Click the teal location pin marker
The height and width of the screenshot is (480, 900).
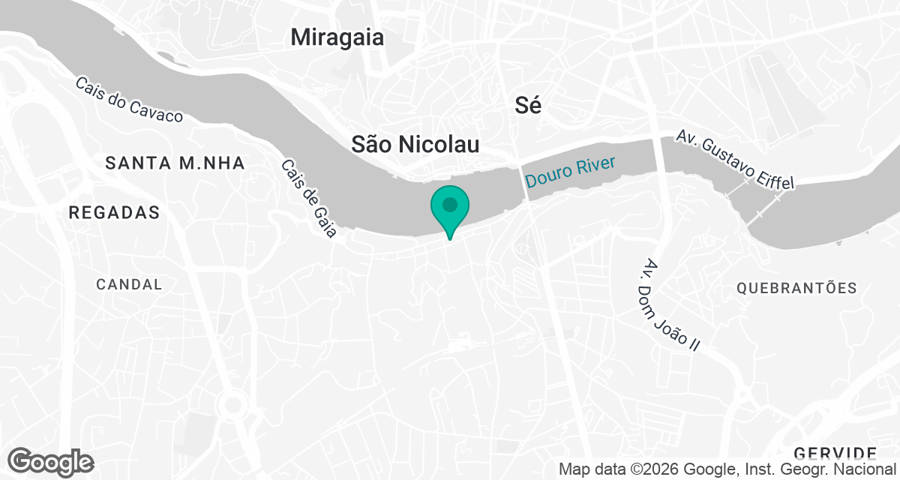pos(449,211)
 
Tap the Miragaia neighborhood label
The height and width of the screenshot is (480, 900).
pos(337,37)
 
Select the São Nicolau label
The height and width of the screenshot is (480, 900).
pos(415,145)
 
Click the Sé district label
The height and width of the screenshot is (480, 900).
pos(528,106)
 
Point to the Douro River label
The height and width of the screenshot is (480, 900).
pos(570,172)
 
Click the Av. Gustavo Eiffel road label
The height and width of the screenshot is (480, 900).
pos(734,159)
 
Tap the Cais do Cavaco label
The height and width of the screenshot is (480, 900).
pos(129,100)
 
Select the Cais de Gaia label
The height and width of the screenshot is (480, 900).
pos(309,199)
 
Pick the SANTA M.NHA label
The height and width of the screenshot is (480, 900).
pos(175,163)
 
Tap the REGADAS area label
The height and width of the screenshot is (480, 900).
pos(114,213)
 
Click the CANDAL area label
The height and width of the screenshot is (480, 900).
pos(129,284)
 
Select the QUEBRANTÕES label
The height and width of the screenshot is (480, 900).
pos(796,288)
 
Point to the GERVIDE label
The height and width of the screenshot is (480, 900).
pos(835,452)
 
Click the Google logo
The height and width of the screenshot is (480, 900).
pos(50,461)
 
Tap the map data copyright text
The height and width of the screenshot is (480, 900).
pos(727,470)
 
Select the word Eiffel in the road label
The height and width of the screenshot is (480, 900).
pos(770,174)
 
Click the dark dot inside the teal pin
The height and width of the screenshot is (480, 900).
pos(449,204)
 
